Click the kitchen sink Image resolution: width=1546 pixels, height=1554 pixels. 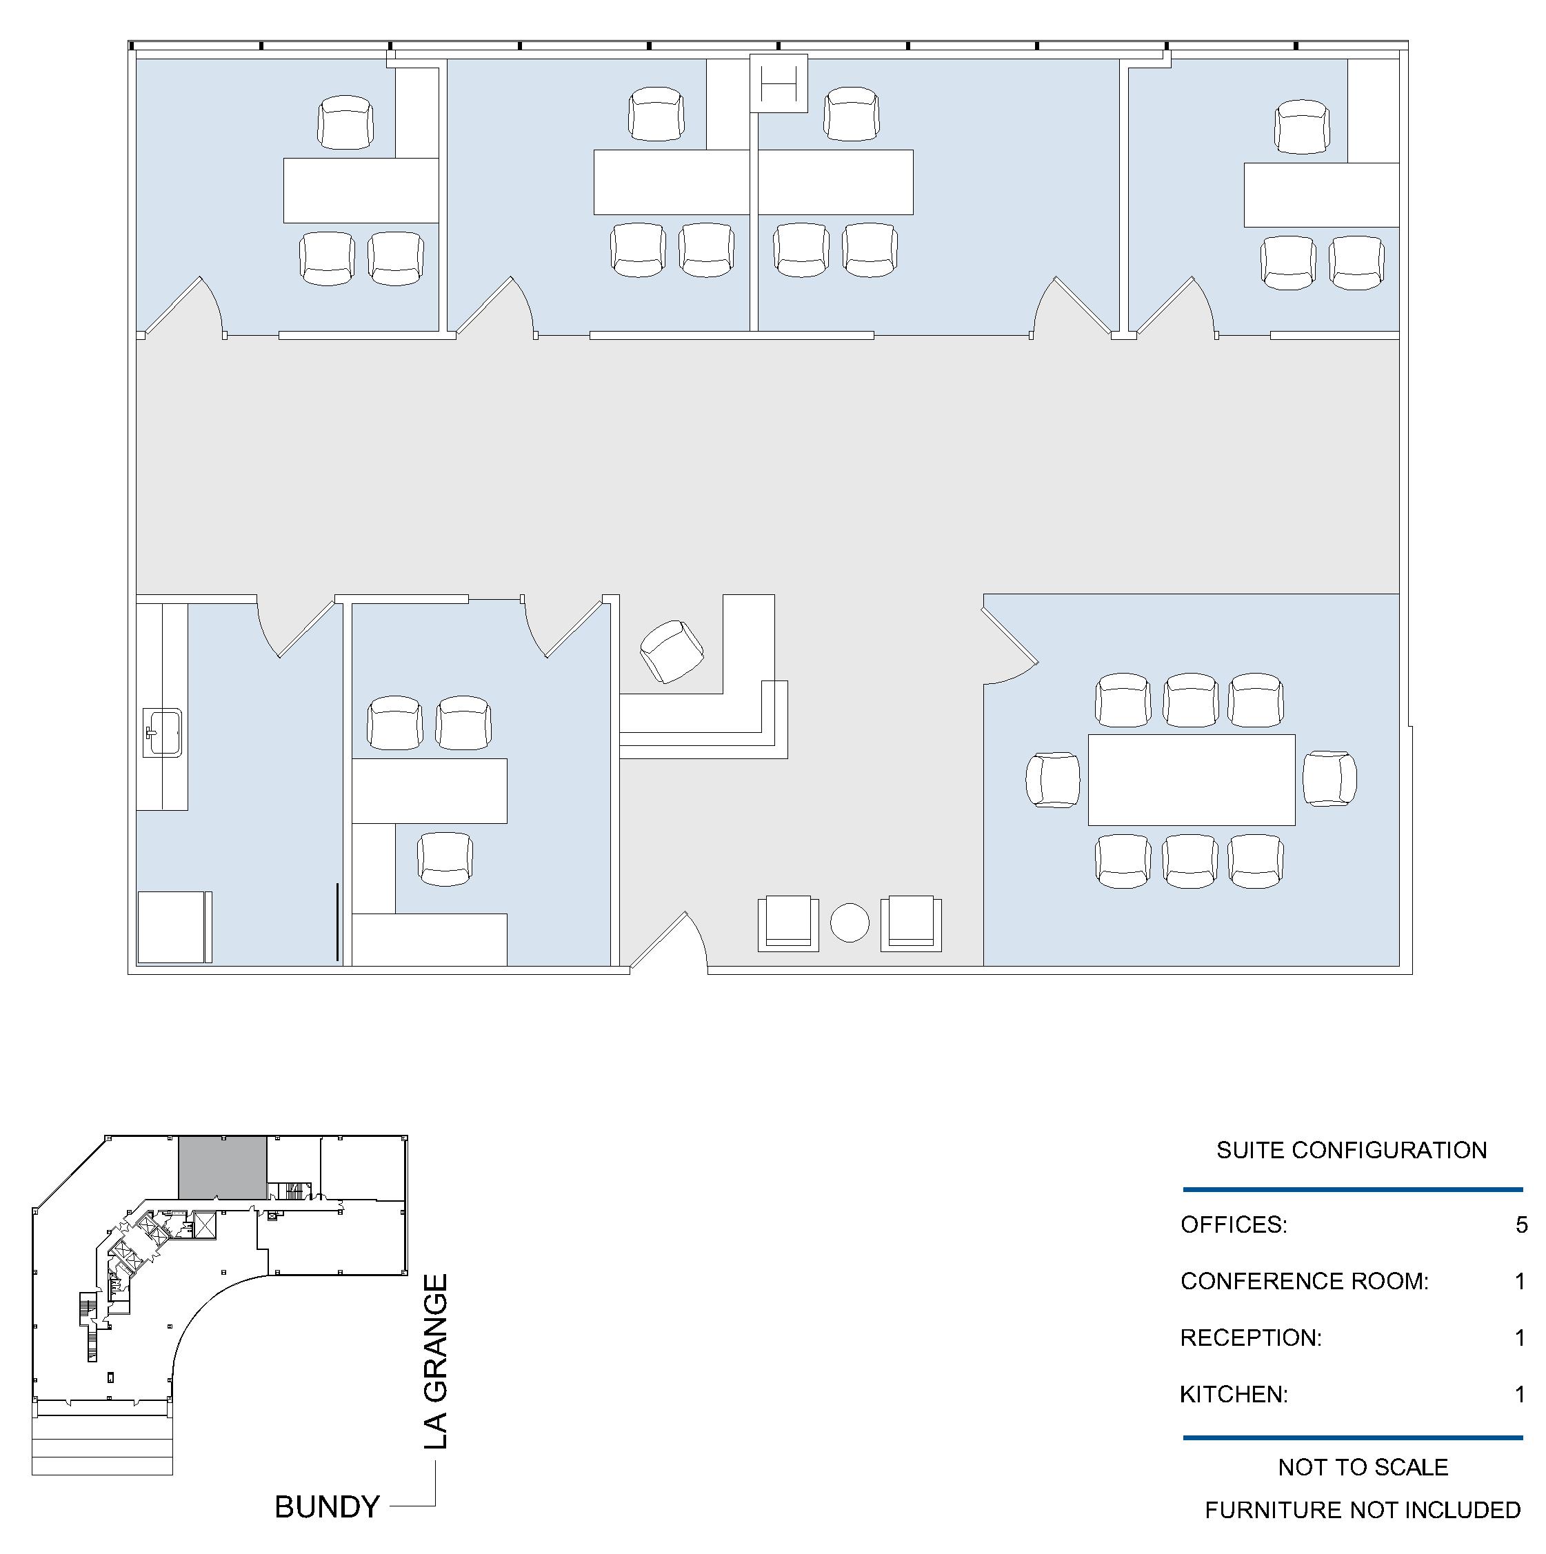click(163, 733)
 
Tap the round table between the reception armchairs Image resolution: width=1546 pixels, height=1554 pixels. click(850, 922)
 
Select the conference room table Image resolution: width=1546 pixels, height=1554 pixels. click(1192, 779)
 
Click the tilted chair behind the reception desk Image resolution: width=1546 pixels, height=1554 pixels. click(672, 652)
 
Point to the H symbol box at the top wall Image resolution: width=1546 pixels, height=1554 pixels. click(779, 83)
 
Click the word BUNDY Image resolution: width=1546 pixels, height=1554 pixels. click(327, 1506)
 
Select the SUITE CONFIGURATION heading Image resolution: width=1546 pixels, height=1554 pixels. click(1352, 1149)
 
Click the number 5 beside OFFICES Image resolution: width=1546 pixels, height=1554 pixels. click(1521, 1224)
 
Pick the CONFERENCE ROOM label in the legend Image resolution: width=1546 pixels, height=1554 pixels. click(1304, 1280)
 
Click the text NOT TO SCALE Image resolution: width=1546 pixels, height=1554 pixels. click(1363, 1466)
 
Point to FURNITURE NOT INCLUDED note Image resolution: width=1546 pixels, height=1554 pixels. click(1363, 1510)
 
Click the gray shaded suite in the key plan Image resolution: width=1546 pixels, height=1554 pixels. click(222, 1168)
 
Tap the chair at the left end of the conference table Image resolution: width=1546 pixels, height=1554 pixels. click(1053, 779)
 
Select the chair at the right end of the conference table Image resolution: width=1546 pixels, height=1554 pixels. click(1329, 778)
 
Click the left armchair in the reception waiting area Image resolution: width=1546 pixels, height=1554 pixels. click(788, 923)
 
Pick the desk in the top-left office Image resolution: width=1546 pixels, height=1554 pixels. click(361, 190)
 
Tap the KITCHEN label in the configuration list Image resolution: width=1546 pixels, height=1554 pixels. click(1234, 1394)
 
